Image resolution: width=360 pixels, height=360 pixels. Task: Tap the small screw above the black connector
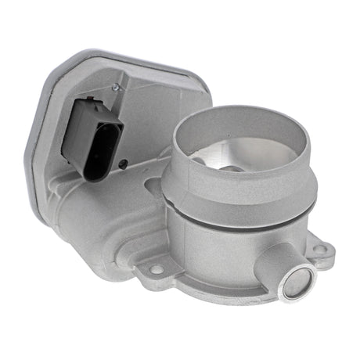(x=117, y=87)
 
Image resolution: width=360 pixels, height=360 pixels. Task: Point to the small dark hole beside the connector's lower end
(x=124, y=164)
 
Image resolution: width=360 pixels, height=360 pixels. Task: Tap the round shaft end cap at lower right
(x=297, y=279)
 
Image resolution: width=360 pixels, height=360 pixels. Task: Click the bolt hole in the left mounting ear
(x=157, y=269)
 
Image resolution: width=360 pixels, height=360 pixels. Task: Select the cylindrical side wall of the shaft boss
(x=274, y=266)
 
